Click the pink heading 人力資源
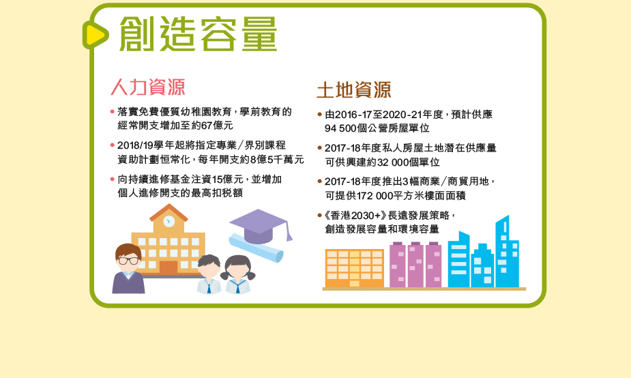pos(148,87)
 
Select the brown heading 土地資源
pos(354,90)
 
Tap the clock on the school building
pos(168,220)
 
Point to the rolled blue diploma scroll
pos(256,248)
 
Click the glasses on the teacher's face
pos(129,261)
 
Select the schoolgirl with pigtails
pos(239,274)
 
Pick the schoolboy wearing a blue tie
pos(209,274)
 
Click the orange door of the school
pos(168,267)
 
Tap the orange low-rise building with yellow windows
pos(355,268)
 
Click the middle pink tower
pos(415,265)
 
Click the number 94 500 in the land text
pos(340,128)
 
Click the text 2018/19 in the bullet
pos(135,145)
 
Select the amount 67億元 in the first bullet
pos(218,126)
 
